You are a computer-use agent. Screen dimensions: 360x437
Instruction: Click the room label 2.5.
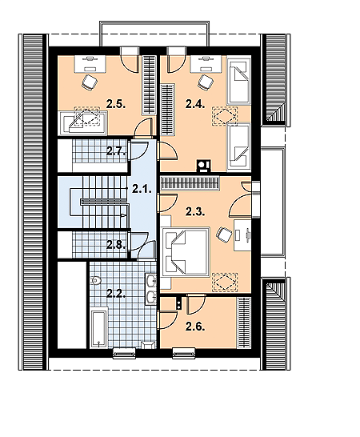pos(116,105)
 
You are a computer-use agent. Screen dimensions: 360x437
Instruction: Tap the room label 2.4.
pos(196,105)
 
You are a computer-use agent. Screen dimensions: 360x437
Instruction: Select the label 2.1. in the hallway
pos(142,190)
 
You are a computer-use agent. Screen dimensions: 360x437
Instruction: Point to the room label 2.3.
pos(196,212)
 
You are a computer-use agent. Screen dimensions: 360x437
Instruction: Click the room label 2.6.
pos(196,327)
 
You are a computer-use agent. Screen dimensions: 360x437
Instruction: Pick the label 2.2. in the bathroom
pos(116,294)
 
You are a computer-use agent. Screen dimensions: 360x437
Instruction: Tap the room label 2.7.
pos(116,151)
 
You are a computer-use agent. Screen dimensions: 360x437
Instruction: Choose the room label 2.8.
pos(116,245)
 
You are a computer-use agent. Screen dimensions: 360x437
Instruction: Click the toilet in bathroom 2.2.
pos(95,280)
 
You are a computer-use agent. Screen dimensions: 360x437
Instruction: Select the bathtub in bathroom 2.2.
pos(98,327)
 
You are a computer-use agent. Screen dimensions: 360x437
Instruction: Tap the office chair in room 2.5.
pos(90,82)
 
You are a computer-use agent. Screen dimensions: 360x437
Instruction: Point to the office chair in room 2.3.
pos(224,234)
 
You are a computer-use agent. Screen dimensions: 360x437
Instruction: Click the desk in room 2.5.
pos(90,64)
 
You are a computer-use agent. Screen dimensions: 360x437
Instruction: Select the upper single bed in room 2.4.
pos(238,81)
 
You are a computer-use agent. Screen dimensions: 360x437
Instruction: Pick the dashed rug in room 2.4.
pos(225,116)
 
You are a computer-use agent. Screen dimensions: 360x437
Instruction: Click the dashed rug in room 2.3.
pos(225,283)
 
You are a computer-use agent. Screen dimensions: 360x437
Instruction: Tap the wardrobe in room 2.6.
pos(244,323)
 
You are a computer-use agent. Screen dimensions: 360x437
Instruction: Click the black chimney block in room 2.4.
pos(204,166)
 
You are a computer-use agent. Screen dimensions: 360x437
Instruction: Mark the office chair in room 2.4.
pos(206,82)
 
